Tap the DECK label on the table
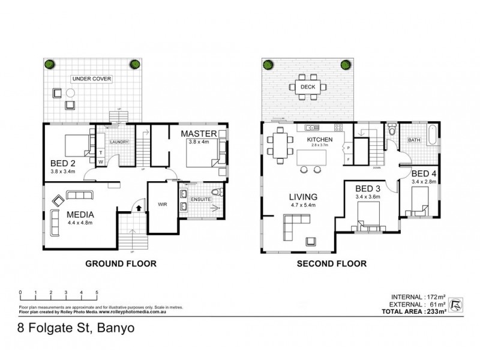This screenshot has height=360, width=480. (308, 86)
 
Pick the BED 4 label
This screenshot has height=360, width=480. (422, 173)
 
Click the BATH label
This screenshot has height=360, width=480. (415, 140)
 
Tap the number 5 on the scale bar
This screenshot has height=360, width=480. (97, 292)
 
